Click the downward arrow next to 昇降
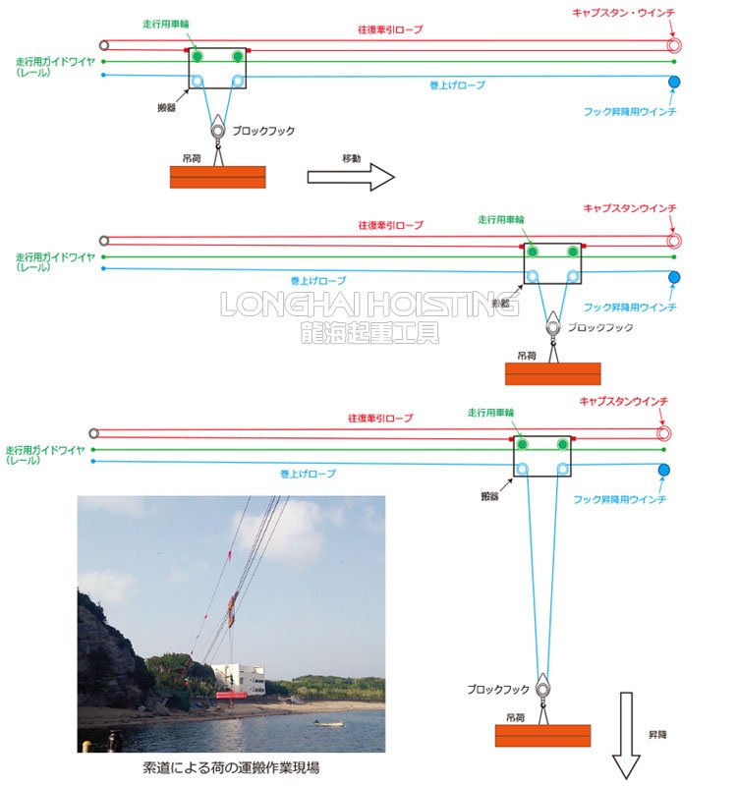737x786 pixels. tap(625, 737)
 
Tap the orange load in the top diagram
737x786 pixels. tap(218, 176)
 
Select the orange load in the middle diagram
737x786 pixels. tap(552, 373)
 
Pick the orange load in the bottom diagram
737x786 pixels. tap(542, 736)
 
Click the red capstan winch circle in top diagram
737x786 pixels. tap(674, 45)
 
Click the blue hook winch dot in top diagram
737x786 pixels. tap(674, 82)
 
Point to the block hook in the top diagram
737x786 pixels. tap(217, 129)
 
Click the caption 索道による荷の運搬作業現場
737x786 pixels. tap(231, 768)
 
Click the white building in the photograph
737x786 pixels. tap(238, 678)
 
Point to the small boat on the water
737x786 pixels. tap(328, 723)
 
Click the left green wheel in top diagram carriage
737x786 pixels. tap(198, 56)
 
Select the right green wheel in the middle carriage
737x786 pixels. tap(573, 253)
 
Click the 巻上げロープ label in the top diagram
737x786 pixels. tap(458, 85)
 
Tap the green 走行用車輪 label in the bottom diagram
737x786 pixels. tap(492, 413)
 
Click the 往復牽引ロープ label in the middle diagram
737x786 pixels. tap(391, 225)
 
